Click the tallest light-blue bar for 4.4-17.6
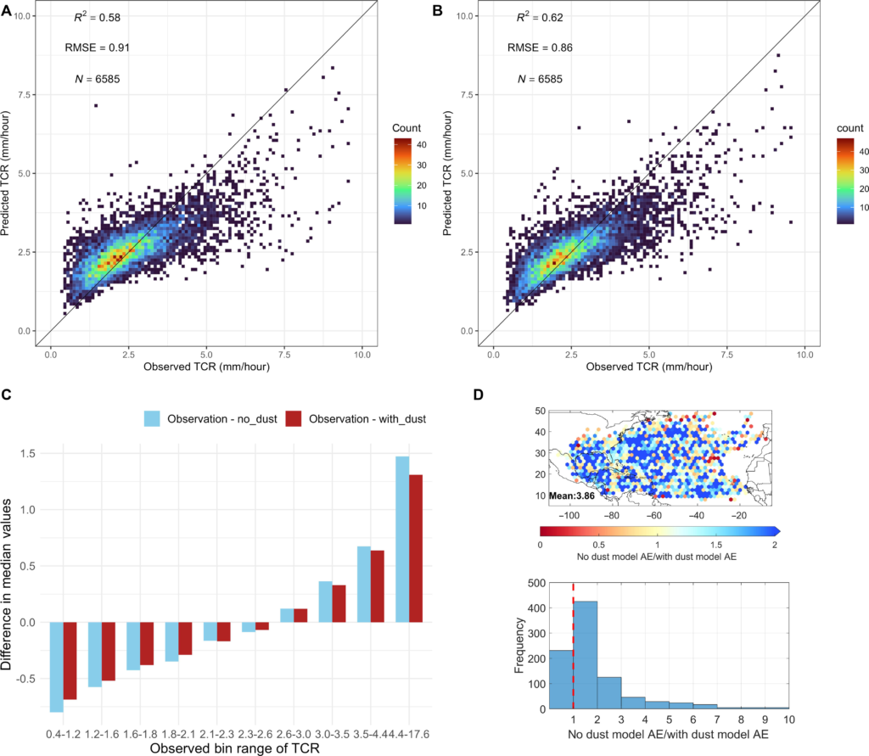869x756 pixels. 401,540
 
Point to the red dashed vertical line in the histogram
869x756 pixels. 574,645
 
